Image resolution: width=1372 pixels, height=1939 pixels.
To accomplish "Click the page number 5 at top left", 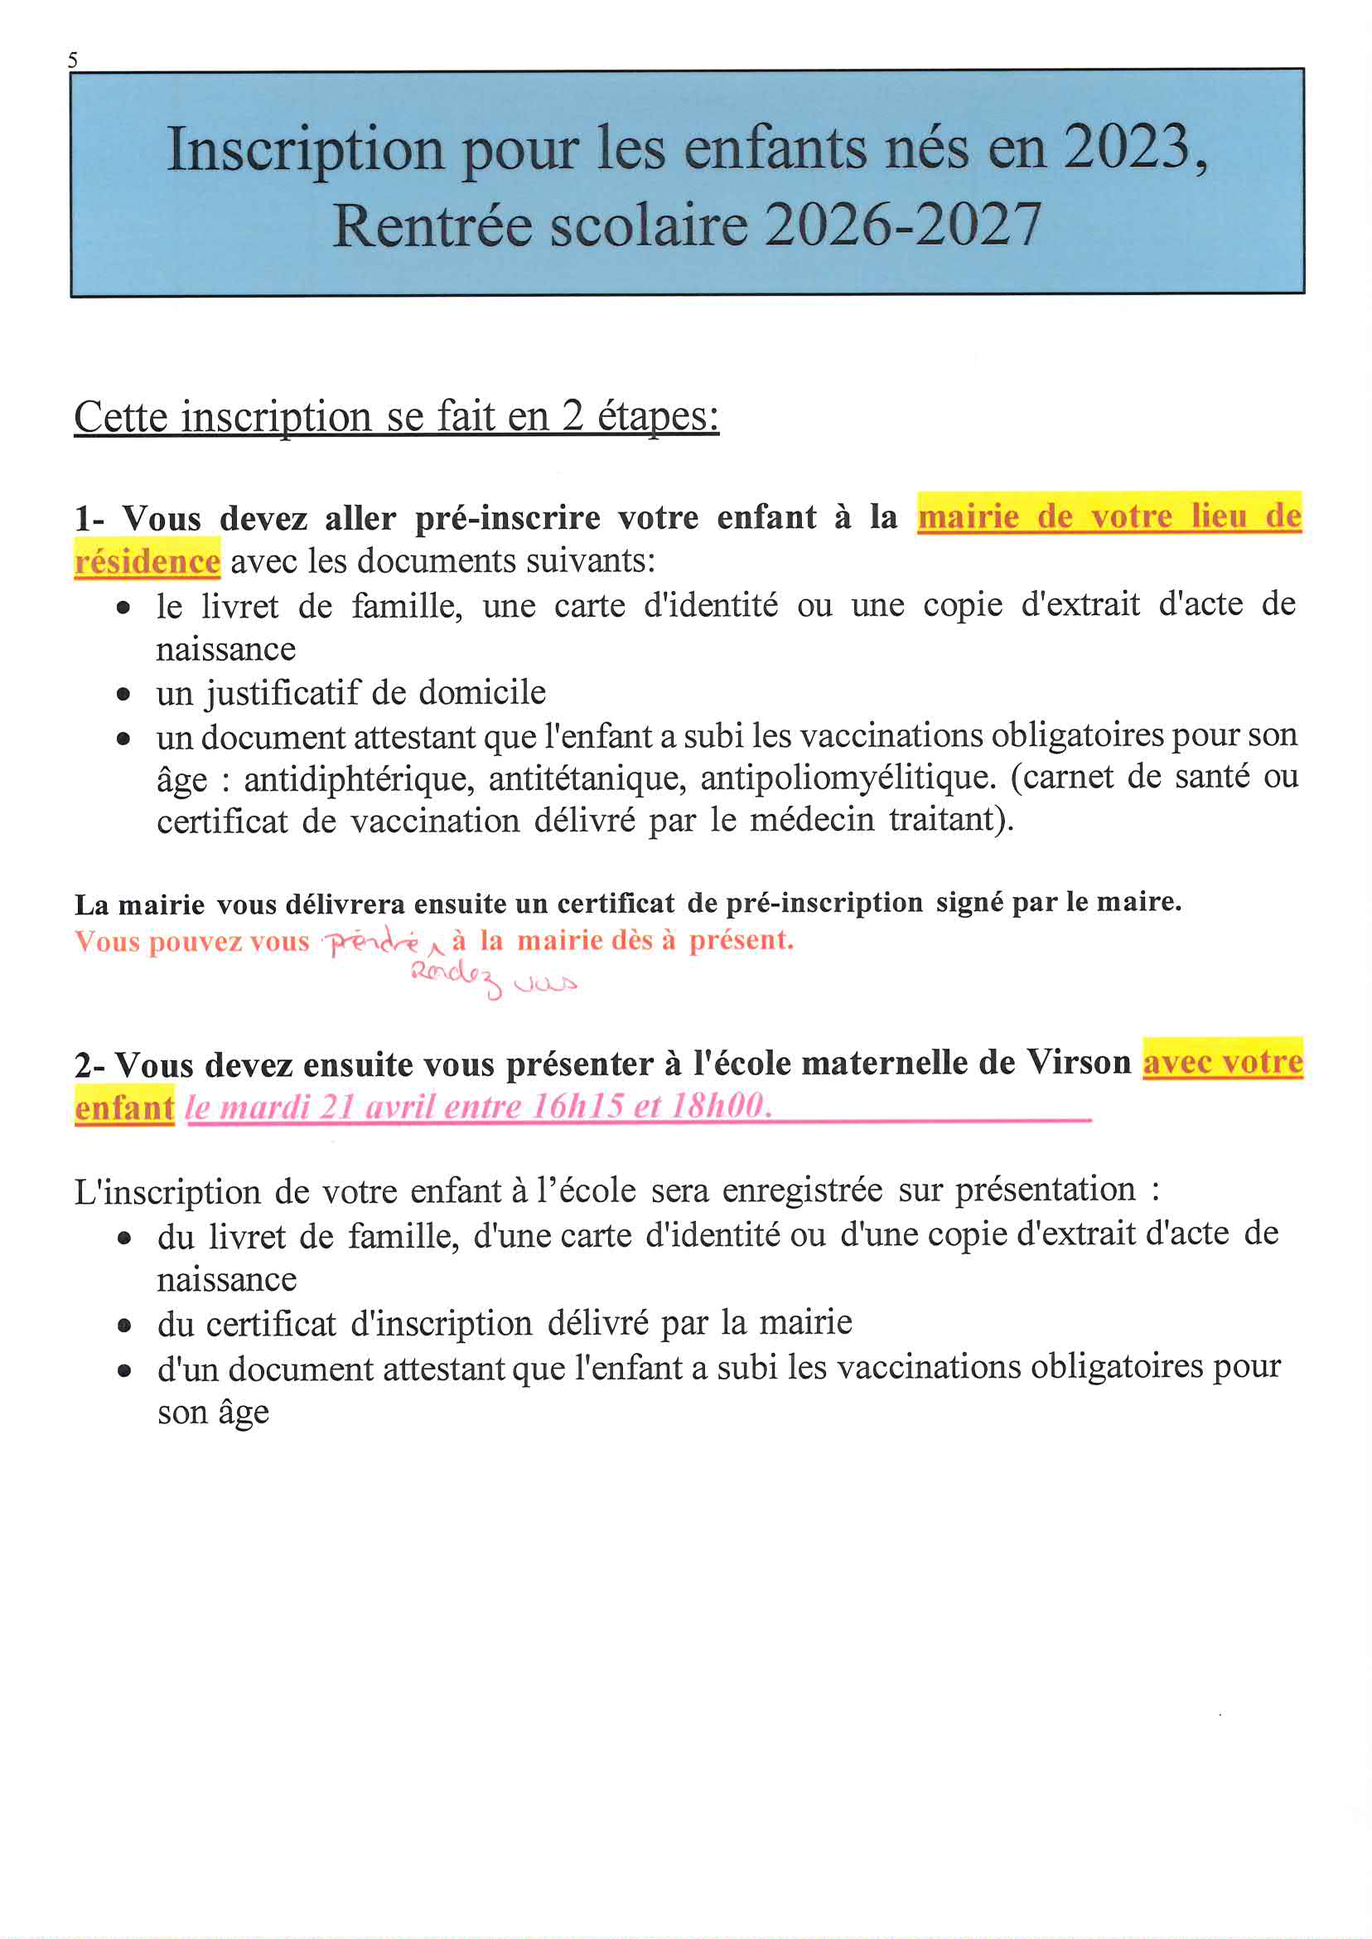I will [73, 60].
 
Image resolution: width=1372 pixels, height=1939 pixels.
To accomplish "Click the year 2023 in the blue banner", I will [1125, 148].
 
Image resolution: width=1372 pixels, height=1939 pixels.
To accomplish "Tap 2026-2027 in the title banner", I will [902, 225].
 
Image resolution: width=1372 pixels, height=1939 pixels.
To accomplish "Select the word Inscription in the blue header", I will [305, 150].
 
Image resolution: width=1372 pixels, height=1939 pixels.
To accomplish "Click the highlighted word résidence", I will [147, 562].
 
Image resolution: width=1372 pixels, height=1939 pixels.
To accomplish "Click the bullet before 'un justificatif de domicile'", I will [124, 695].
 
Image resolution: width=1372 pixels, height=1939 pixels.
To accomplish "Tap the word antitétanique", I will [587, 778].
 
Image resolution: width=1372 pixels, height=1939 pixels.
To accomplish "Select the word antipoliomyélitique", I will [848, 778].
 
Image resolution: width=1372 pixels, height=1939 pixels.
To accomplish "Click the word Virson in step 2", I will [1079, 1063].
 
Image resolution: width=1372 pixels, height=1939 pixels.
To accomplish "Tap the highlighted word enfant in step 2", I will [124, 1108].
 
